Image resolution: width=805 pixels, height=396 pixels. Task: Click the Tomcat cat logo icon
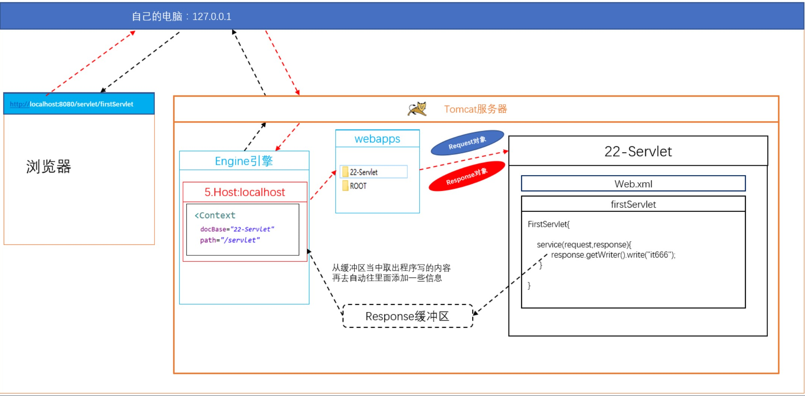coord(417,109)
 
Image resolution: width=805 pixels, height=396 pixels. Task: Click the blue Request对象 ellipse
coord(467,142)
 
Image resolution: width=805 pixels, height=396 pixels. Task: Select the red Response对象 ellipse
coord(467,176)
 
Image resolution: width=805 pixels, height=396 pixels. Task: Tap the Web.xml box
coord(633,184)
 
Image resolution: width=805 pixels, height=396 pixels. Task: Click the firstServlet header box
coord(633,204)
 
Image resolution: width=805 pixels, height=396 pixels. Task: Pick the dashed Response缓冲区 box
coord(408,316)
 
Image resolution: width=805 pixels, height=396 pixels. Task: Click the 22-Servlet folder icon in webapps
coord(345,172)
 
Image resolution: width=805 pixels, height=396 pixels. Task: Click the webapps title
coord(377,139)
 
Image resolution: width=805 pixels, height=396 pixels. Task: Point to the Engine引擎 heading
coord(244,161)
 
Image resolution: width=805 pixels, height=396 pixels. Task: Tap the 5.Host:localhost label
coord(244,192)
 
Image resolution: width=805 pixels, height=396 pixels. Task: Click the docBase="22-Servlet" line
coord(237,229)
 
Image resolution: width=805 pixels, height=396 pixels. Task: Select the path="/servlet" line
coord(230,240)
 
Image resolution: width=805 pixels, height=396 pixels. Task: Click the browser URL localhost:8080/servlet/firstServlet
coord(81,104)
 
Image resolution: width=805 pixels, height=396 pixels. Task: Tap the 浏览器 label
coord(48,166)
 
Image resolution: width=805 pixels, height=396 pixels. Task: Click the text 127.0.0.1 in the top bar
coord(211,16)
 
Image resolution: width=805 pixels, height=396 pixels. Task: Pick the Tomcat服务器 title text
coord(475,109)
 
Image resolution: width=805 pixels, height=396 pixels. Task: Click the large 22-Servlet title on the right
coord(638,151)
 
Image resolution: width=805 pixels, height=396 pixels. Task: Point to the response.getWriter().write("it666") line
coord(613,255)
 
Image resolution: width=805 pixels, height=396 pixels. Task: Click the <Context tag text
coord(215,215)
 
